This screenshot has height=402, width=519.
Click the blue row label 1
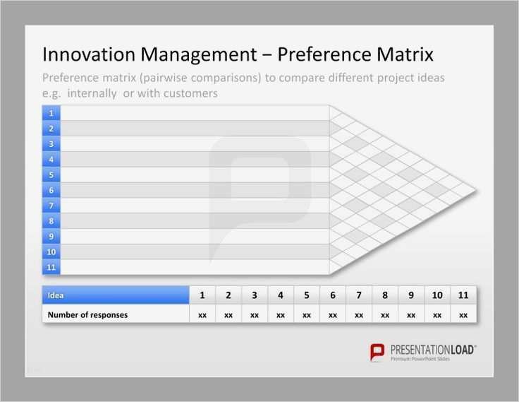tap(51, 113)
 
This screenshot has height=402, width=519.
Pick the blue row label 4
tap(51, 160)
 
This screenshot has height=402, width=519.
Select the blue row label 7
tap(51, 206)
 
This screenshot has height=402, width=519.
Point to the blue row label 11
tap(51, 267)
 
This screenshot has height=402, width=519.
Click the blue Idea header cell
tap(116, 295)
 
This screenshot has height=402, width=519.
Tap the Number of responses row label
tap(87, 315)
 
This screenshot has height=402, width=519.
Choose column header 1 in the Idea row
tap(202, 295)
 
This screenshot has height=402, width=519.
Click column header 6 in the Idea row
tap(333, 295)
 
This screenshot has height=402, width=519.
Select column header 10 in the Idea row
tap(437, 295)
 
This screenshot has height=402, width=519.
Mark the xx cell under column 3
tap(255, 315)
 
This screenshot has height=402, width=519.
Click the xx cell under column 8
tap(385, 315)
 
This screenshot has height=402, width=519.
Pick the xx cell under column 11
tap(463, 315)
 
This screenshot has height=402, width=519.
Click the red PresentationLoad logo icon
tap(378, 352)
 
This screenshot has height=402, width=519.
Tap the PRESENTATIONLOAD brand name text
tap(433, 349)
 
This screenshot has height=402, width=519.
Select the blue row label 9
tap(51, 237)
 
